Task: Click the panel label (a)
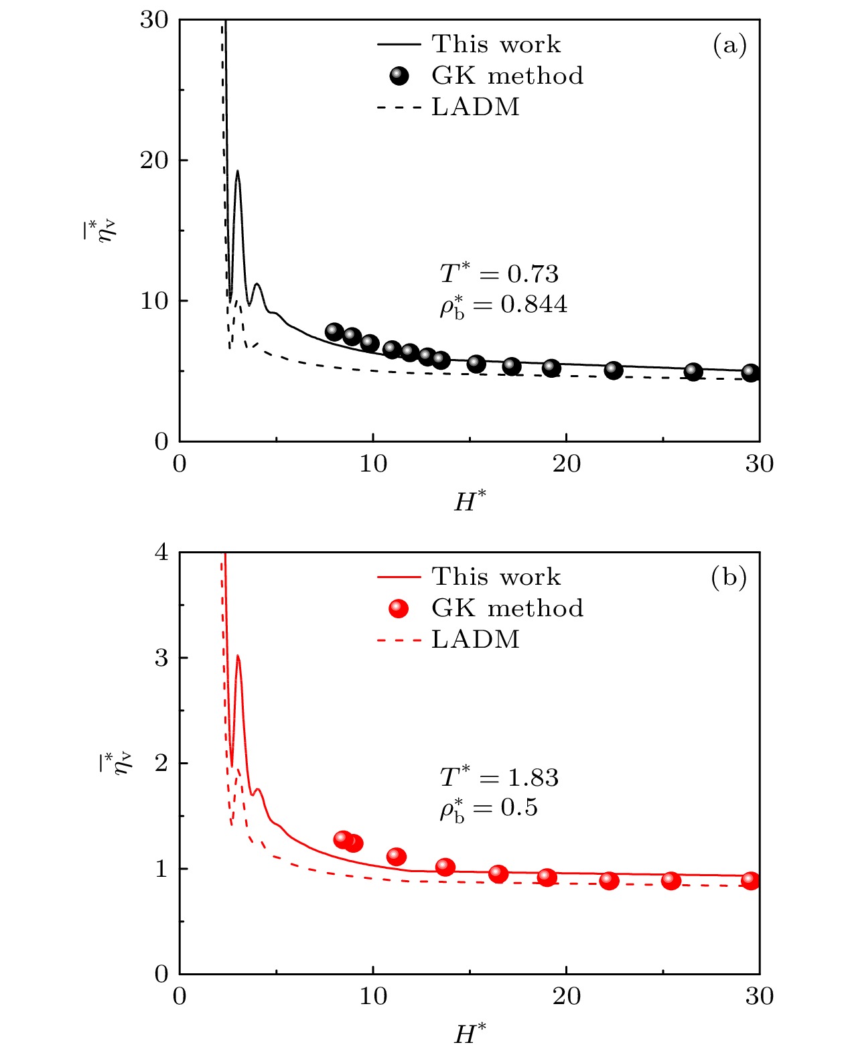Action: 729,45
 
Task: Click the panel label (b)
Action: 729,577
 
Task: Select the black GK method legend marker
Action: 399,76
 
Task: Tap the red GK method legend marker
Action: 399,608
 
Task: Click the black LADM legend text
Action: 476,107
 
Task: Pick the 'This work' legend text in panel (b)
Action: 496,577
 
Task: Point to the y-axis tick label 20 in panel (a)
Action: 155,161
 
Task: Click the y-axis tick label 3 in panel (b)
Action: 161,658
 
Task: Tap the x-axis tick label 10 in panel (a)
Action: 373,464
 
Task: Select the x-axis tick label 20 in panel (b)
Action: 567,997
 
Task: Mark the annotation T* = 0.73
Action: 499,273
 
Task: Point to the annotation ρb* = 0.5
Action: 489,809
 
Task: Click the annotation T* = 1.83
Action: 499,777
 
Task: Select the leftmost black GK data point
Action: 334,332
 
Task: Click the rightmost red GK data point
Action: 751,881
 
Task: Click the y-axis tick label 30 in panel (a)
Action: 155,20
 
